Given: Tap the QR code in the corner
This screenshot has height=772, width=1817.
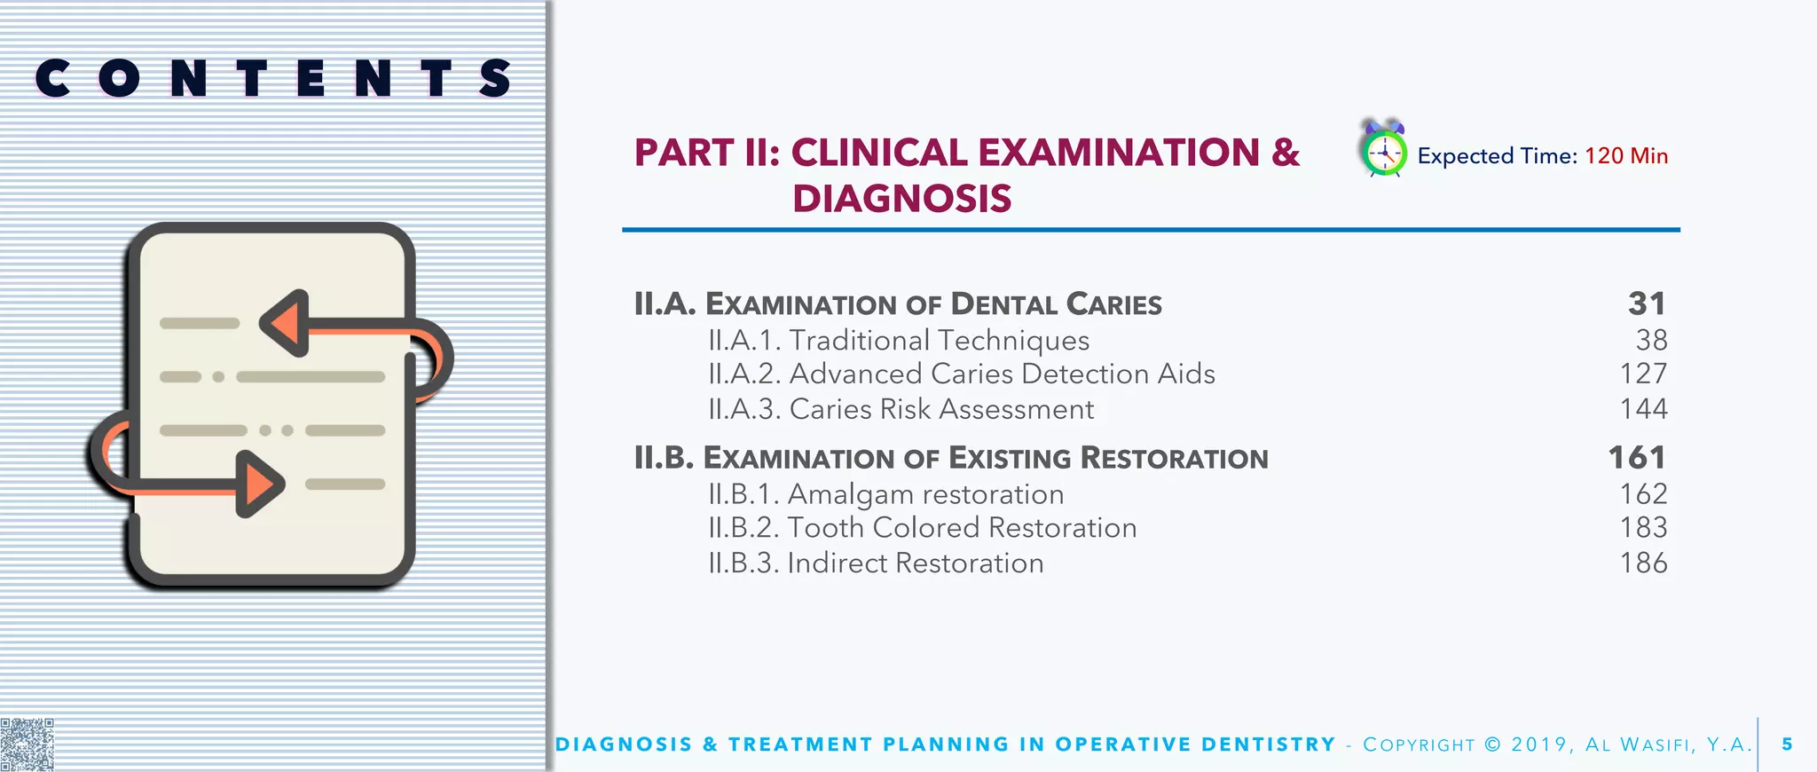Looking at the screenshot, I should point(27,744).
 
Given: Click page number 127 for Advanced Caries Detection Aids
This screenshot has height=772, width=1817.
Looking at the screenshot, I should point(1643,374).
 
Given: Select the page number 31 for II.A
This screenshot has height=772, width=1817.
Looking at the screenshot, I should point(1647,304).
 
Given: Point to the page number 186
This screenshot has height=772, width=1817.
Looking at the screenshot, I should point(1643,563).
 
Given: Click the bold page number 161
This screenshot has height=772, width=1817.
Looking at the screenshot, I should point(1637,458).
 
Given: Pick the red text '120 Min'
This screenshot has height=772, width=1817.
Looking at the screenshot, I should point(1626,156).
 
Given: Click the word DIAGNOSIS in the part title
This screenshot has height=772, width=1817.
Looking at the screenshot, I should point(901,199).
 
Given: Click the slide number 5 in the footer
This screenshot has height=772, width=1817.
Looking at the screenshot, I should point(1787,744).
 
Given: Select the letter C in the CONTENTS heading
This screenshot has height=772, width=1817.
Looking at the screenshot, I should point(52,78).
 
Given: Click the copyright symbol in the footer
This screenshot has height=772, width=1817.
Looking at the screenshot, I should point(1493,744).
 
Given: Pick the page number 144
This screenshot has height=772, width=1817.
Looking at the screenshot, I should point(1643,409).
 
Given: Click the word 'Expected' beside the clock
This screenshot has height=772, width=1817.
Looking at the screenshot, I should point(1465,156).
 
